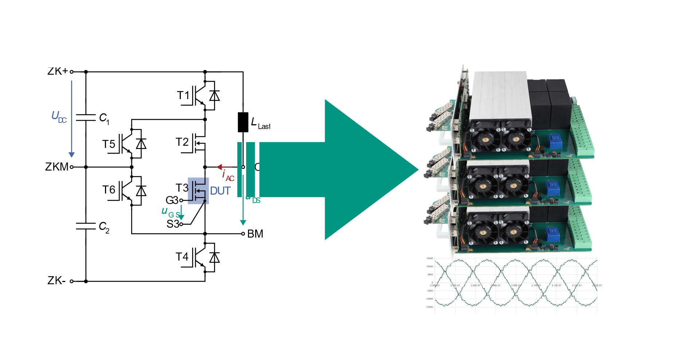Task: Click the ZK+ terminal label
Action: [58, 71]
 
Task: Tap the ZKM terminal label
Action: [57, 167]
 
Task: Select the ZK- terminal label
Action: [57, 281]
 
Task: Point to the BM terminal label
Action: [255, 234]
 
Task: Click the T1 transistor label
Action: [183, 95]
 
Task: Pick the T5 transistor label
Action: [109, 144]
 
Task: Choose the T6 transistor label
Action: [109, 190]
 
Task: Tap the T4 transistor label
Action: [182, 257]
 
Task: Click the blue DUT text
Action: [220, 191]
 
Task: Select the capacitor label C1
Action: [104, 118]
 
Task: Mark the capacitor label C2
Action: [104, 227]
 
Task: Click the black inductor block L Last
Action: [243, 122]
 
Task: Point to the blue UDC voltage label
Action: [59, 117]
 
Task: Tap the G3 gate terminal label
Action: [172, 200]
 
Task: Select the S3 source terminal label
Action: [172, 224]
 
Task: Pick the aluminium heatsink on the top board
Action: [499, 97]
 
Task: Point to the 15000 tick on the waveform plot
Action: [429, 258]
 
